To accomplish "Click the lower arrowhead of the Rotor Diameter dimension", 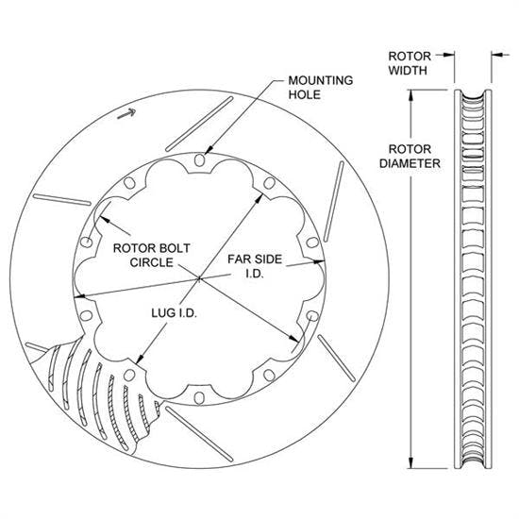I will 412,469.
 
